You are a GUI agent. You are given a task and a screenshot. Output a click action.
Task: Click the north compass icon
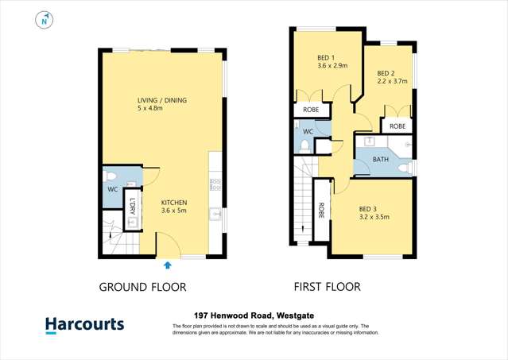[x=45, y=21]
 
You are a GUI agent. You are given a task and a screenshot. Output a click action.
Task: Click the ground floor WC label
[x=112, y=189]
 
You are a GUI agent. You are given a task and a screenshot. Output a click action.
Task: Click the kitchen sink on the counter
[x=215, y=214]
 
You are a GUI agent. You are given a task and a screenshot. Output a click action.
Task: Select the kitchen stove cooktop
[x=215, y=185]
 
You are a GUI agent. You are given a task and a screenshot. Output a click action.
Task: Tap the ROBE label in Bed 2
[x=397, y=126]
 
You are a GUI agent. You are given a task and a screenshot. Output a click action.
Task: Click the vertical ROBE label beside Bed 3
[x=321, y=211]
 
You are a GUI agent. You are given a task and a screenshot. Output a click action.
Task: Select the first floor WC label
[x=307, y=131]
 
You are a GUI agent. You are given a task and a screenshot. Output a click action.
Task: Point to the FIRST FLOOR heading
[x=327, y=287]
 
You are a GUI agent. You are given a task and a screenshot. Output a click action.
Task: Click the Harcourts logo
[x=83, y=325]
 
